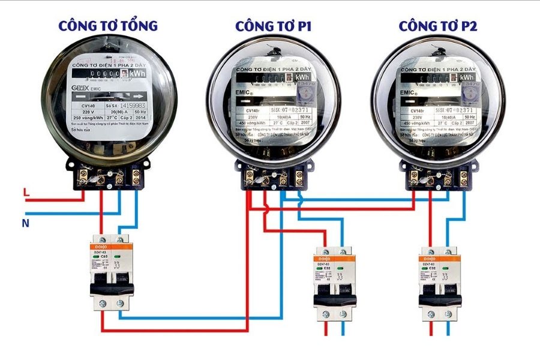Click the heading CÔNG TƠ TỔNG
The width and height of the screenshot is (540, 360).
(x=108, y=26)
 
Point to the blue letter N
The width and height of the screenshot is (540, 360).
(x=26, y=223)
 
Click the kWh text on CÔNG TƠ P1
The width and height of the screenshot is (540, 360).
(x=302, y=77)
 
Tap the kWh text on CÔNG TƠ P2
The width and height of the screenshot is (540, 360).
(x=467, y=77)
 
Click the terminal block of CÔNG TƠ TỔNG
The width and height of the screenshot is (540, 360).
(x=110, y=176)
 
